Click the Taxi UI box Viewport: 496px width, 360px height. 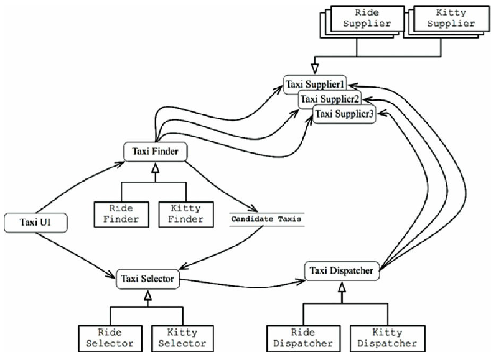35,223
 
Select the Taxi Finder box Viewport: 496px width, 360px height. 156,152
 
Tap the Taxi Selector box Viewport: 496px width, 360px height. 147,279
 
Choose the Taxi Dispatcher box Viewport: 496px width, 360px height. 342,271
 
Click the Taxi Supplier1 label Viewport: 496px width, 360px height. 315,85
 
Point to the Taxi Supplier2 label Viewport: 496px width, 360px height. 330,99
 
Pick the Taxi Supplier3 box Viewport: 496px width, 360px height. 344,114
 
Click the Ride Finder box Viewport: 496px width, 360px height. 121,215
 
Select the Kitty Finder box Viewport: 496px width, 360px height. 186,215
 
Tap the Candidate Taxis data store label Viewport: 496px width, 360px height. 266,219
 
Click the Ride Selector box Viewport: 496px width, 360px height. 110,338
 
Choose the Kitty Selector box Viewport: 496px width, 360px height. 182,338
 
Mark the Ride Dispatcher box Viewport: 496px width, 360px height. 303,338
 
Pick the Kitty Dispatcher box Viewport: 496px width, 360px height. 388,338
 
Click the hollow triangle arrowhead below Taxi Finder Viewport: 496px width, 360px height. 155,168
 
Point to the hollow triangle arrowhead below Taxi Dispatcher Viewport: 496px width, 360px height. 342,287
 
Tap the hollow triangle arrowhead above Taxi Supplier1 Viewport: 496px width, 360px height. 314,68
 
